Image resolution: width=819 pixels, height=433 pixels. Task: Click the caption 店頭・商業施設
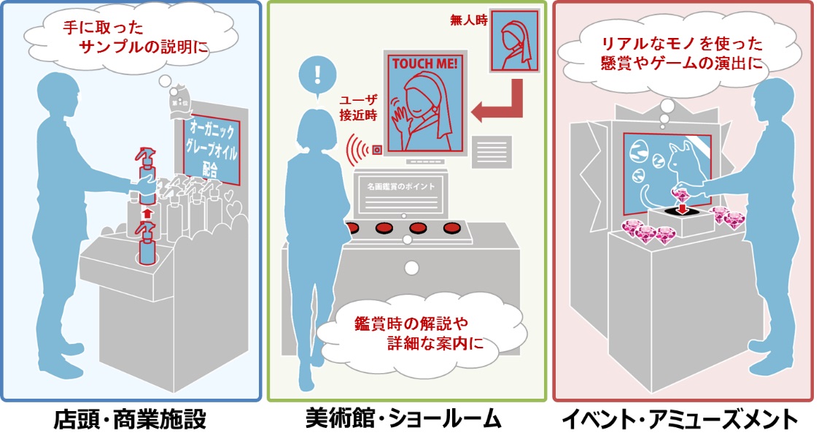[130, 419]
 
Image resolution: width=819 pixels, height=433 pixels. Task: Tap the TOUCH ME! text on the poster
[425, 64]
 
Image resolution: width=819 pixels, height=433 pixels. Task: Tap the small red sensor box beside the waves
[377, 150]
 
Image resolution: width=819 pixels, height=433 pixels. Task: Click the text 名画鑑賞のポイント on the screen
[402, 186]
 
